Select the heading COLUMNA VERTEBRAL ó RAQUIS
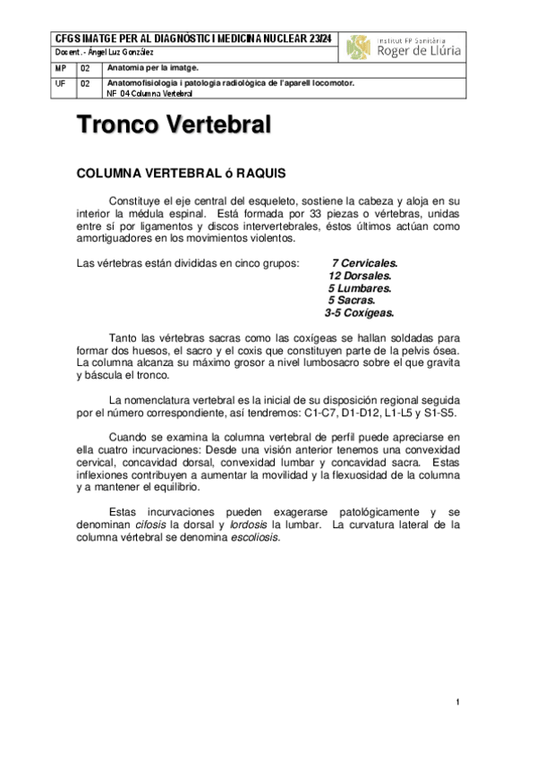point(182,174)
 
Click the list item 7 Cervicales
point(364,264)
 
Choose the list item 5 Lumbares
point(360,289)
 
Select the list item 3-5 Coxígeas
point(359,314)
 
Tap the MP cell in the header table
point(60,69)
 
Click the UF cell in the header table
point(60,83)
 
